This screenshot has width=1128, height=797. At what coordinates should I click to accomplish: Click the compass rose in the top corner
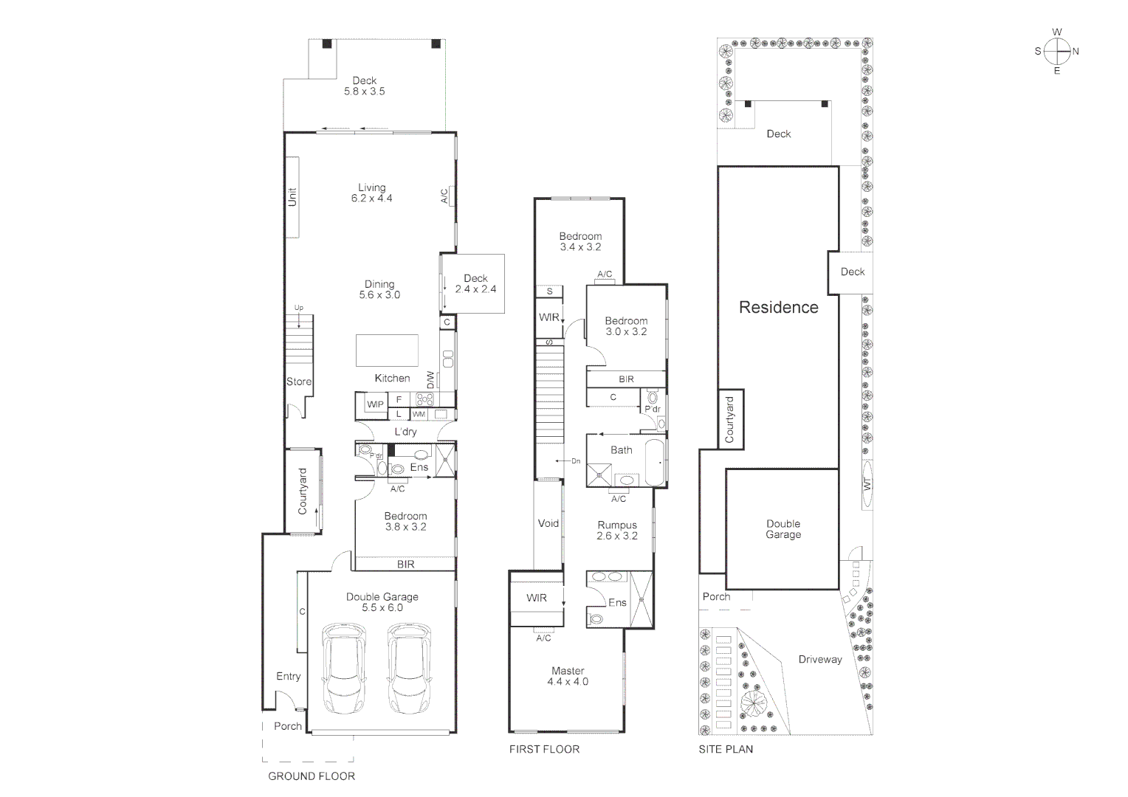[x=1057, y=52]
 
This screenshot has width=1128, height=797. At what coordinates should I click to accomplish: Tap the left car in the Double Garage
[x=344, y=669]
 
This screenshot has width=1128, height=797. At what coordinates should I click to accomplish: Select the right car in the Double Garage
[x=408, y=669]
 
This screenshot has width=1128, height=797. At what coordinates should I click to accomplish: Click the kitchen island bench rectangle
[x=387, y=351]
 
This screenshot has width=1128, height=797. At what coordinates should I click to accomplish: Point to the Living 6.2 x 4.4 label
[x=371, y=193]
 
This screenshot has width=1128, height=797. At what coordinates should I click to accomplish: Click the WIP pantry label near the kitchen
[x=375, y=404]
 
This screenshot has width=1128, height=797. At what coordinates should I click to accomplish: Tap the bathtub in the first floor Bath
[x=655, y=463]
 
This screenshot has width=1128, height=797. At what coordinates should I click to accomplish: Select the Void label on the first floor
[x=548, y=523]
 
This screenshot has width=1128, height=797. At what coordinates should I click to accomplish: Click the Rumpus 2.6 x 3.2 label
[x=617, y=531]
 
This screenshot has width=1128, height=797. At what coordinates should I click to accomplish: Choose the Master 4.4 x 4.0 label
[x=568, y=676]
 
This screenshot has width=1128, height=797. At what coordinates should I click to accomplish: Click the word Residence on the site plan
[x=778, y=308]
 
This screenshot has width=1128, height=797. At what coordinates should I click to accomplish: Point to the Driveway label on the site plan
[x=819, y=660]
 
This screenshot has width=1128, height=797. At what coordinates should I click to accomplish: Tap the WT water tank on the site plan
[x=867, y=485]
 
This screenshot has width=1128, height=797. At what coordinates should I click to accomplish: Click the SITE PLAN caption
[x=726, y=749]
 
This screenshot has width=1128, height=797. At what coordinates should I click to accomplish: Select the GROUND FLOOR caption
[x=311, y=776]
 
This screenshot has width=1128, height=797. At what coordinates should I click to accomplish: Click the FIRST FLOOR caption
[x=544, y=749]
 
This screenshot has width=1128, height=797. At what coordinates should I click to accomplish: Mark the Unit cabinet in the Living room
[x=292, y=197]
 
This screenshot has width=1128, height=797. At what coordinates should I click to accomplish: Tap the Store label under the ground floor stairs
[x=299, y=382]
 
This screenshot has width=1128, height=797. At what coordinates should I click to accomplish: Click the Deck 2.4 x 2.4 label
[x=475, y=284]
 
